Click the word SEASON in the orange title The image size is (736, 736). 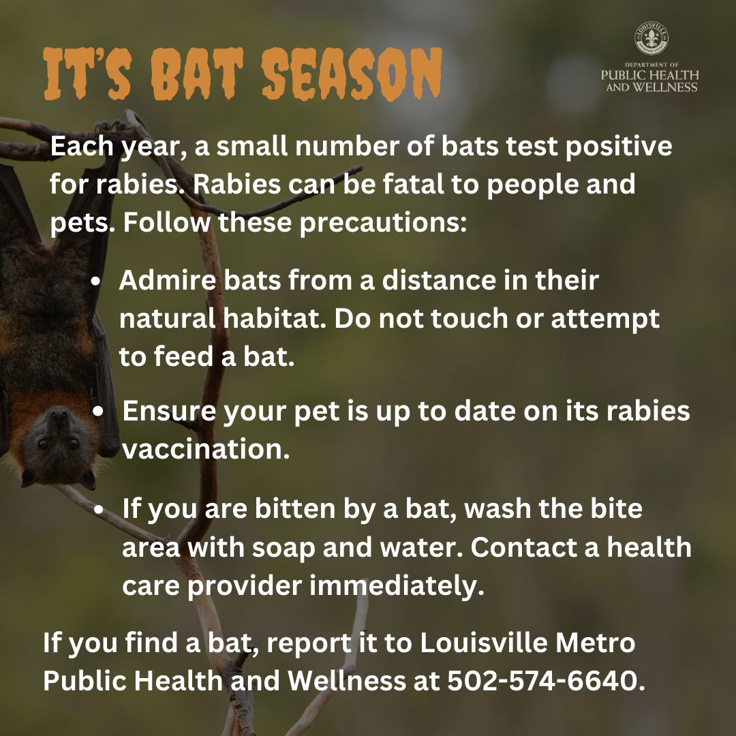pos(352,74)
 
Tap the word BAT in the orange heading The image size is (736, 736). pos(198,74)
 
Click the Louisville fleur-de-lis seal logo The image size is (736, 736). pos(651,38)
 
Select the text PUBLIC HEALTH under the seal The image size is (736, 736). pos(650,75)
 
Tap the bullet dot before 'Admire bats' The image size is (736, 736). pos(96,281)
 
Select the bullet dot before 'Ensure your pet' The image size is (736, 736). pos(98,412)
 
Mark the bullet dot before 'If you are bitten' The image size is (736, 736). pos(99,510)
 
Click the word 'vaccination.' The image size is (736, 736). pos(206,449)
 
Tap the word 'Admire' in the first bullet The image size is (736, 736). pos(168,280)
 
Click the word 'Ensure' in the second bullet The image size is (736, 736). pos(169,411)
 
